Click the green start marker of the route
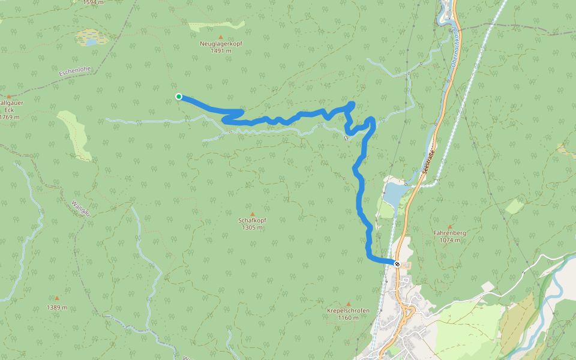179,97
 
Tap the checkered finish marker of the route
397,263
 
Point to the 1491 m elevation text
221,51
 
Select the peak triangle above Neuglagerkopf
221,37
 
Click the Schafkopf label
253,220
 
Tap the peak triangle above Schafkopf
253,214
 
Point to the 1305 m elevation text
253,227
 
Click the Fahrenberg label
449,233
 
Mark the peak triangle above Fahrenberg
449,226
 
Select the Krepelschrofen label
348,310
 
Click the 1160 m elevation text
348,317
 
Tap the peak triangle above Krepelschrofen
348,304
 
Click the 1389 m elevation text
57,307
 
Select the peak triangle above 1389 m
57,298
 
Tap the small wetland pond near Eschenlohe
90,41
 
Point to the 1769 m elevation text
10,117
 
